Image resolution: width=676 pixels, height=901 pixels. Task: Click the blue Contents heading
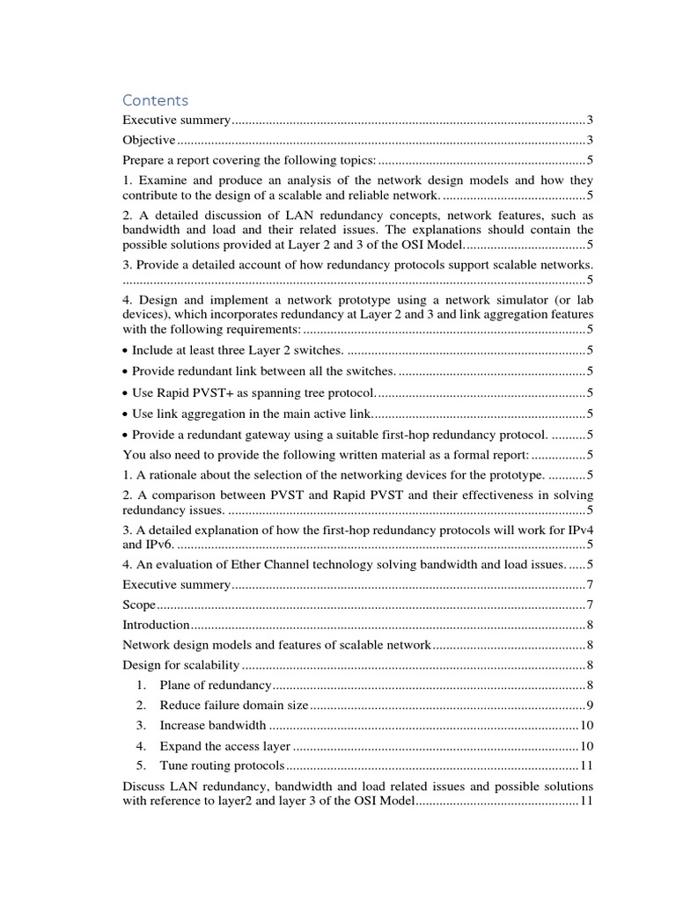click(x=155, y=100)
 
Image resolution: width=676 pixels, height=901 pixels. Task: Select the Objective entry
click(x=149, y=140)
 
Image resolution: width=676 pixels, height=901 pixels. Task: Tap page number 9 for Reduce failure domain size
click(x=590, y=705)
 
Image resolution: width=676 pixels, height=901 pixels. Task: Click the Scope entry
click(x=139, y=604)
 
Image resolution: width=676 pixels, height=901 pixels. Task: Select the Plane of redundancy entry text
click(x=216, y=685)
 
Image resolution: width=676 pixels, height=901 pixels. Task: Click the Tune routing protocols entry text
click(x=222, y=765)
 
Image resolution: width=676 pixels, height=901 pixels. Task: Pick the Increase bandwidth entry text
click(x=212, y=725)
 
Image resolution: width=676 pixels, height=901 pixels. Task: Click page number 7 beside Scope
click(x=590, y=604)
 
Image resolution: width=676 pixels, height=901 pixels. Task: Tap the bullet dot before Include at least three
click(x=126, y=351)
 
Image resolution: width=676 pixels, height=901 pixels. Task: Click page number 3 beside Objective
click(x=590, y=140)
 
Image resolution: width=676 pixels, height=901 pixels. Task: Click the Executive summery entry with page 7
click(x=176, y=584)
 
